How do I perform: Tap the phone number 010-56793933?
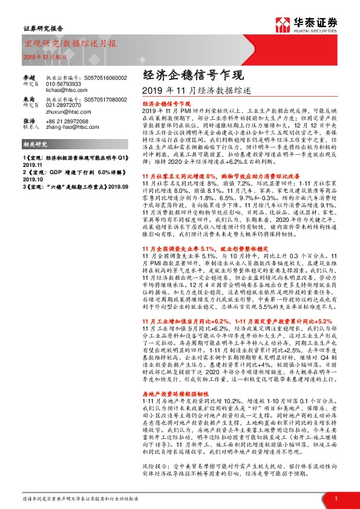63,83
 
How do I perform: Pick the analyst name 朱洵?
28,100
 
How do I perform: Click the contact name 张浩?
28,121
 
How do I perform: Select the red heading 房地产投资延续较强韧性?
174,375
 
